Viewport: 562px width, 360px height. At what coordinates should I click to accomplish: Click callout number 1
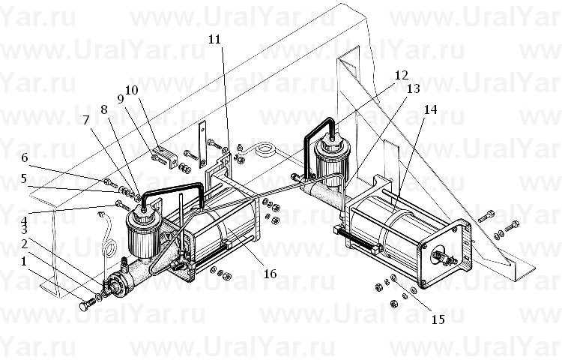24,261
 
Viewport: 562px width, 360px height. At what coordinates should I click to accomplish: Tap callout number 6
25,157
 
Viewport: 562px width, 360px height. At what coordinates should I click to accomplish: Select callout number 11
215,39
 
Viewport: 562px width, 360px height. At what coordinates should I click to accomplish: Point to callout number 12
402,75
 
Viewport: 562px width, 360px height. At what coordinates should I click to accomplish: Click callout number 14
430,109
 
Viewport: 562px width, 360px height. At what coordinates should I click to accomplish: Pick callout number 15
438,319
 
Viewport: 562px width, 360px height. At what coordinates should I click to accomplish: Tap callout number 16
271,274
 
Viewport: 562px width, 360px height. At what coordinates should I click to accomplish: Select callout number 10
132,90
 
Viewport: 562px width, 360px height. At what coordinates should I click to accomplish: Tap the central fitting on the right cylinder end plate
444,257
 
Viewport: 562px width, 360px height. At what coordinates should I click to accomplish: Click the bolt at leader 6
109,183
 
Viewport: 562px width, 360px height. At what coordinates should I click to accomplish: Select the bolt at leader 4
123,205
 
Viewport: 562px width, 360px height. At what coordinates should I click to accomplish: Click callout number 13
413,88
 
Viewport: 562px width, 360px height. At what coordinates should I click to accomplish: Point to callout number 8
104,109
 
